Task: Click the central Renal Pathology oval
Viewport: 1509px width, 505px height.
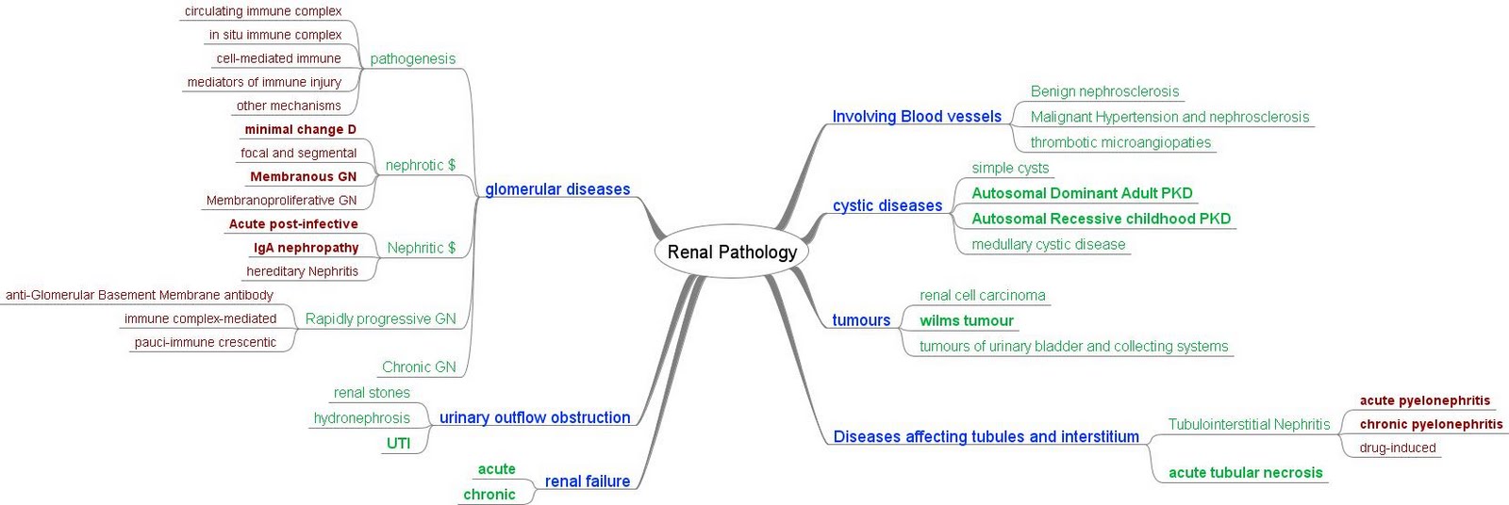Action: click(732, 252)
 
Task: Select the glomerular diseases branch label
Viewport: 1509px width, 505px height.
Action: click(556, 189)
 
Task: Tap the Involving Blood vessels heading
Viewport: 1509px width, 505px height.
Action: click(916, 117)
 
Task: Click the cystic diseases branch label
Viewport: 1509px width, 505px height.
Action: click(887, 205)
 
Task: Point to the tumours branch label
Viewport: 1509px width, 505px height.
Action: click(860, 320)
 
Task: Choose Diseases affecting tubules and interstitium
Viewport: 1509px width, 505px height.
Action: click(986, 436)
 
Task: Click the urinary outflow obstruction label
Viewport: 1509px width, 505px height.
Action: click(534, 417)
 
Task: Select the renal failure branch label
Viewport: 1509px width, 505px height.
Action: click(587, 481)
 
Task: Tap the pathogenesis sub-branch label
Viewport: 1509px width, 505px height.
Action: click(412, 58)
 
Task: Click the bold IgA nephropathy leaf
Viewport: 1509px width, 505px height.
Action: click(306, 248)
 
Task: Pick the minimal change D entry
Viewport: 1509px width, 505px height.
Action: click(300, 129)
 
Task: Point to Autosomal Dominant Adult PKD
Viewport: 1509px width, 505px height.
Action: click(1082, 193)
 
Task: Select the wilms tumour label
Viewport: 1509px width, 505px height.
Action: click(966, 320)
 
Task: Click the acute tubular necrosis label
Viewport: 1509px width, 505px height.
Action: click(1245, 473)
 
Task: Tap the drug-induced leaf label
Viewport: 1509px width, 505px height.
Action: click(1397, 448)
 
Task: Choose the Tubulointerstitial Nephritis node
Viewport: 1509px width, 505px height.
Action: click(1249, 425)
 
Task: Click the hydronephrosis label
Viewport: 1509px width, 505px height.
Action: click(361, 418)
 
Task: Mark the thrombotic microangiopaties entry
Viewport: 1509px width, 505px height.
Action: click(1119, 142)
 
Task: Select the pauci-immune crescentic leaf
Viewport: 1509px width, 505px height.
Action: click(205, 342)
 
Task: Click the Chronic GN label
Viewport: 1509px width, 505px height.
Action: click(418, 367)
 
